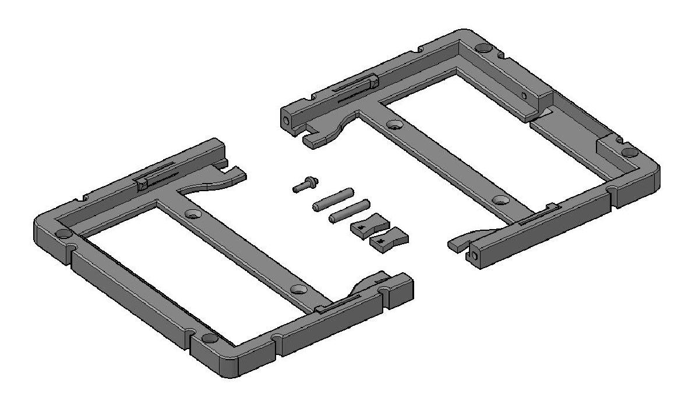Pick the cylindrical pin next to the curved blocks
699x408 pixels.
348,211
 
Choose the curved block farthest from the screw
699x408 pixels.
389,241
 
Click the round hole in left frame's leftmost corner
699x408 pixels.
62,234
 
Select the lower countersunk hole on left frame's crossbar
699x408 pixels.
298,289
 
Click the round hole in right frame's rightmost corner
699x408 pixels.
629,152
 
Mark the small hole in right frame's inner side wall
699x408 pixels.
524,95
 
